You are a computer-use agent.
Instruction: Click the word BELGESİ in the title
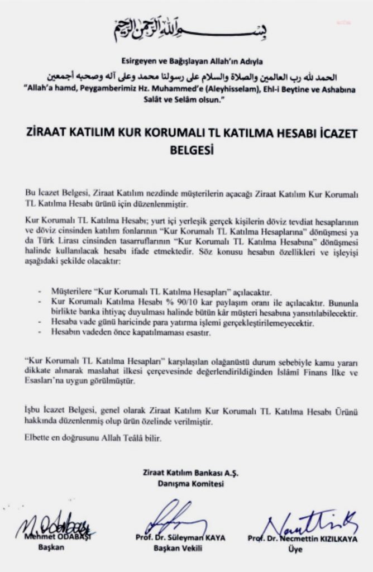(x=187, y=150)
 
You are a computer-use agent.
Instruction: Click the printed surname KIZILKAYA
(x=334, y=538)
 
